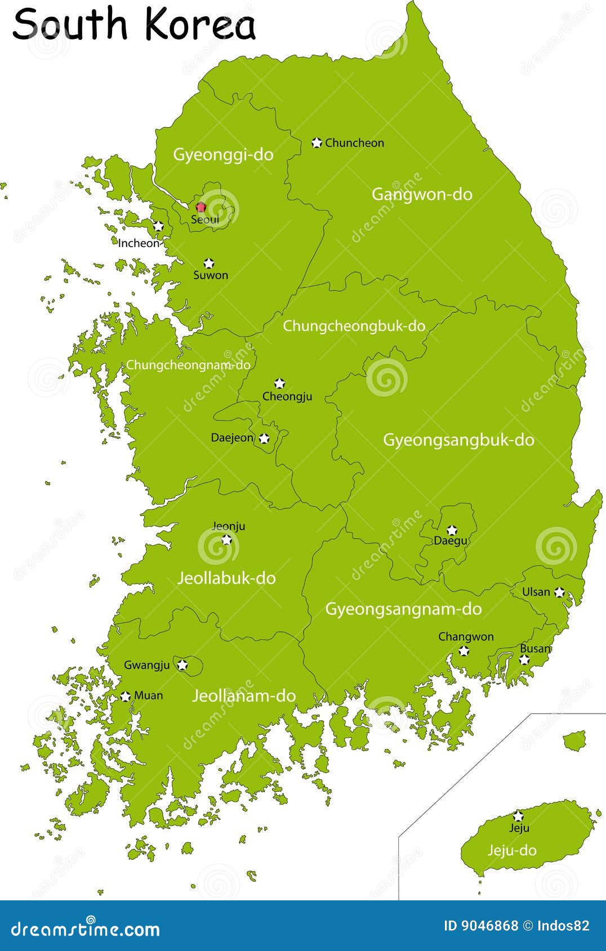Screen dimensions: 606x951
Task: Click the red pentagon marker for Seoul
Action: [x=200, y=207]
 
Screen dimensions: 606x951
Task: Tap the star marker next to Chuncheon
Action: [x=317, y=143]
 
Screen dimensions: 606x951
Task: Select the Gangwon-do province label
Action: [x=422, y=194]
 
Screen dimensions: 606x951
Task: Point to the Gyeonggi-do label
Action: [x=223, y=154]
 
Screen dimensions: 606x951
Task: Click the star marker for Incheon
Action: [x=158, y=226]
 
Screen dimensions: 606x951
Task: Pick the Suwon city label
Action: [x=211, y=275]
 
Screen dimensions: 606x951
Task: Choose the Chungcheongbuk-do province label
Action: [x=354, y=326]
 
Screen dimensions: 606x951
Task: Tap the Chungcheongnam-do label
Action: [x=188, y=365]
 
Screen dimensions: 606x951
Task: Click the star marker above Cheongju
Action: [x=279, y=384]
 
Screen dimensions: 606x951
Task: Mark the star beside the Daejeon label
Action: [x=264, y=438]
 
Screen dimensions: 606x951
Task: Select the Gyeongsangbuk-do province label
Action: [x=458, y=439]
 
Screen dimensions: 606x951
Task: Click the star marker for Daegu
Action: [x=452, y=530]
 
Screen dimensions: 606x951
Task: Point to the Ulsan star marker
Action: [x=559, y=592]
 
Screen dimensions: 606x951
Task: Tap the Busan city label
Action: [x=534, y=648]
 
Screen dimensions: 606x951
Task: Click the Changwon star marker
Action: [x=464, y=651]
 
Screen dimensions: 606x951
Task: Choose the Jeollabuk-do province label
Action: [x=226, y=578]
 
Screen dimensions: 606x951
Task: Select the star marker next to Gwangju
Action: [x=182, y=665]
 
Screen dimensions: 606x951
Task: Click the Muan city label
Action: [x=149, y=696]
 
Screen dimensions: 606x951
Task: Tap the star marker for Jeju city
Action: [x=518, y=816]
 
